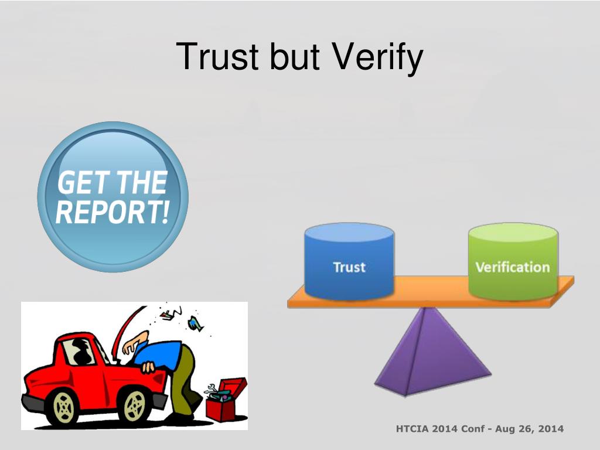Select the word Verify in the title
pos(377,57)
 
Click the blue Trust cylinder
pos(349,261)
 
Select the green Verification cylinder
pos(513,261)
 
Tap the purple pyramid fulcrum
pos(432,352)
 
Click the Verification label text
pos(512,267)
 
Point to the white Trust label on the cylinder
pos(349,267)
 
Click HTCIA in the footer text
pos(412,428)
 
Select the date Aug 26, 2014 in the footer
pos(530,429)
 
